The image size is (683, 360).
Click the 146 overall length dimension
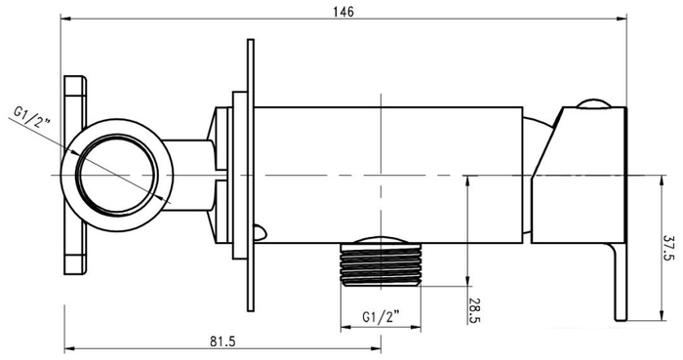[342, 11]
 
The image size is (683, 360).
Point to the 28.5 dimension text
[475, 311]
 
